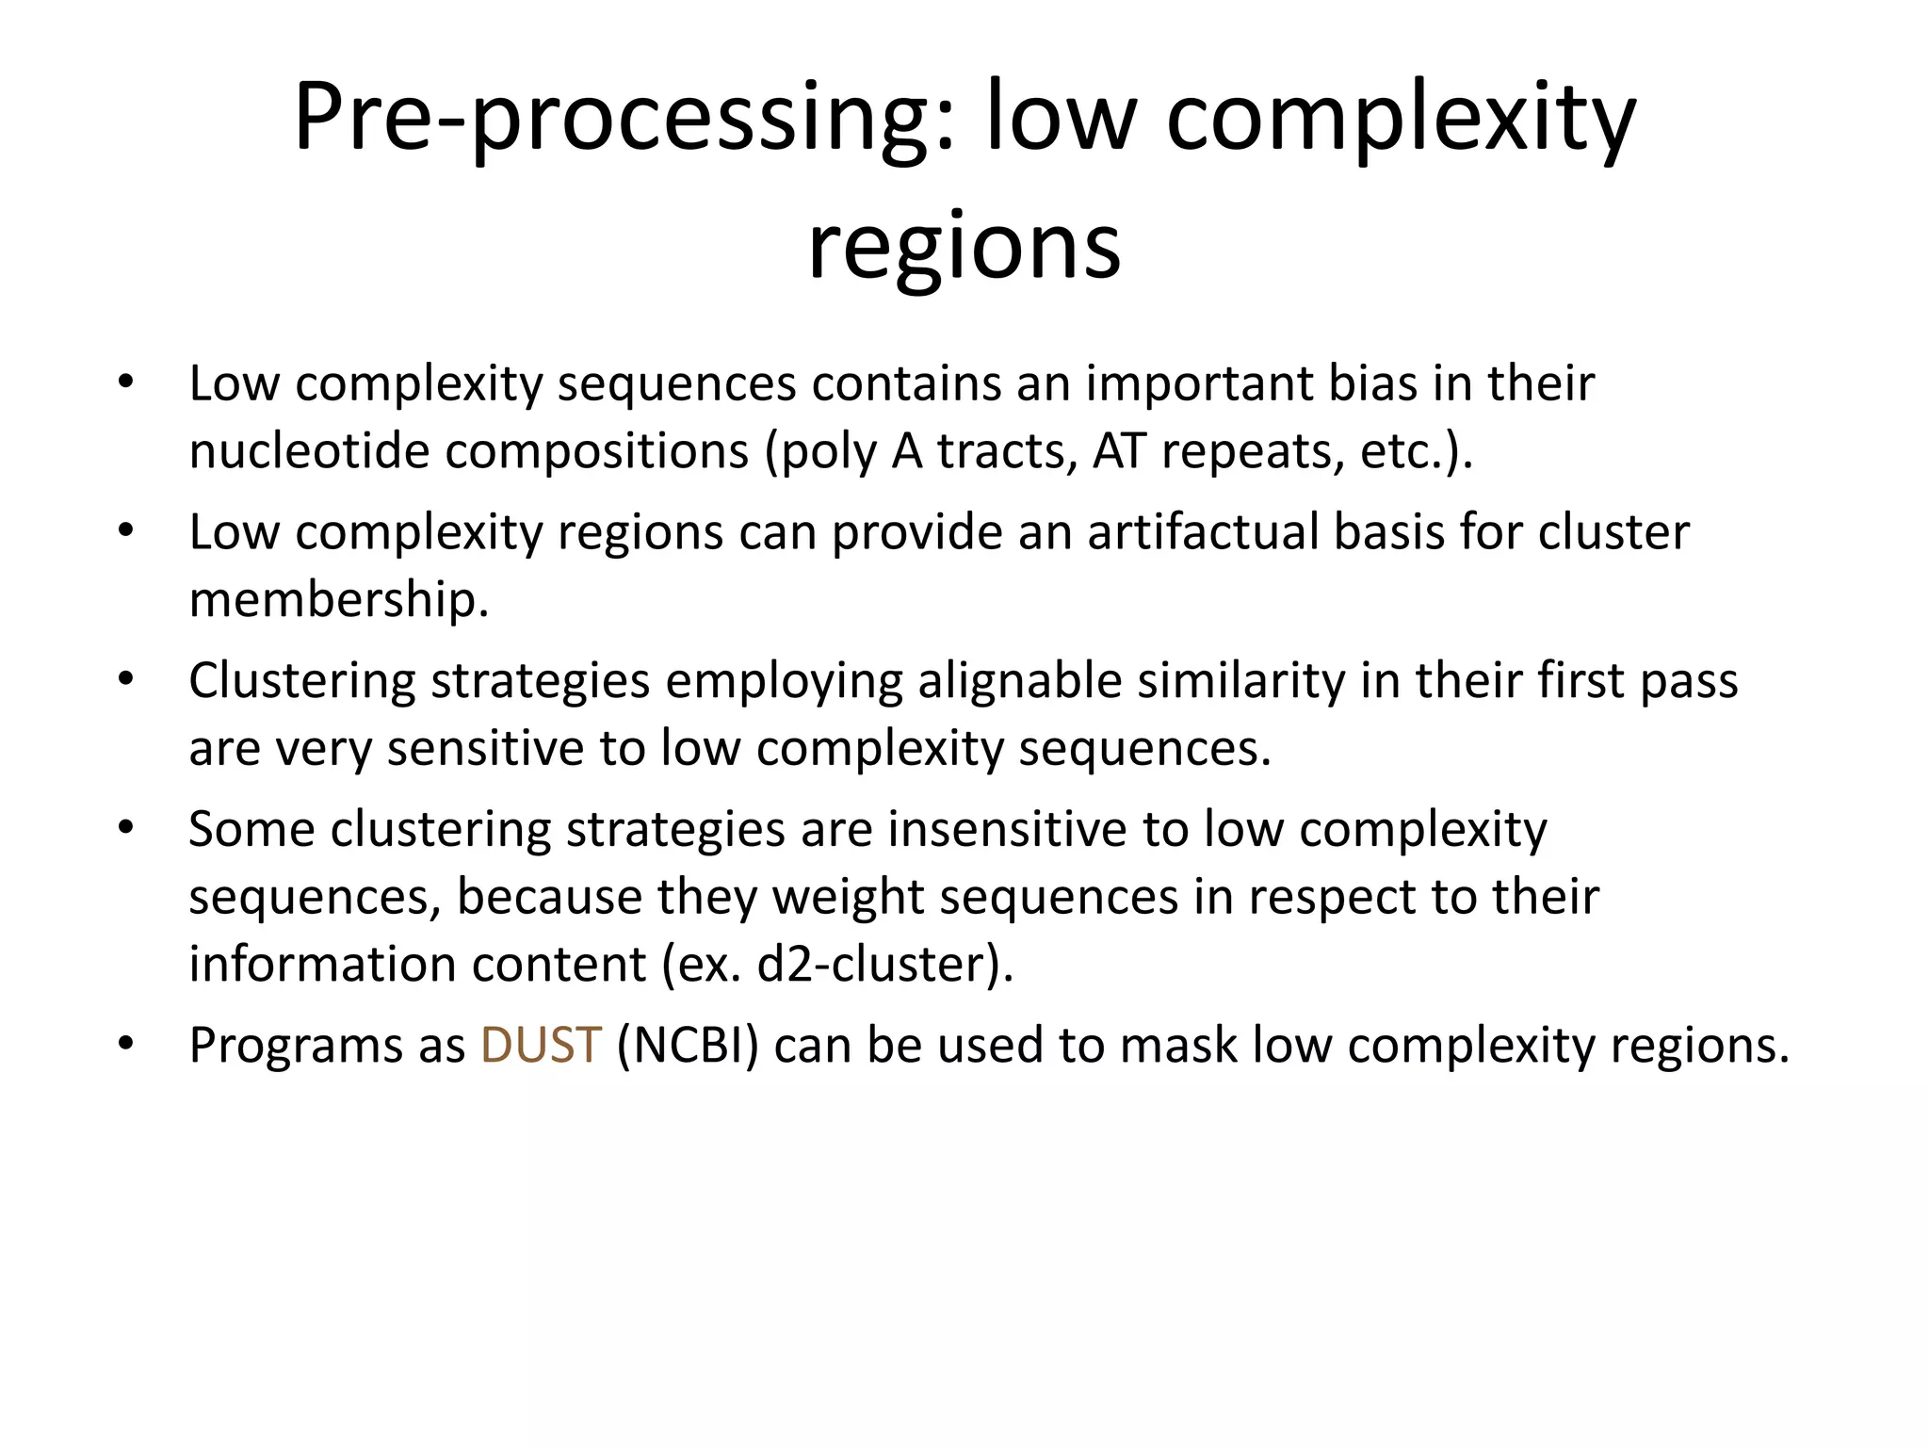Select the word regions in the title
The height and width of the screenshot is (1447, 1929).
(964, 247)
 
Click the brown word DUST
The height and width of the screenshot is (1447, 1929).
(540, 1045)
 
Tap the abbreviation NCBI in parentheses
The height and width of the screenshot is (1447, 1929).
(687, 1045)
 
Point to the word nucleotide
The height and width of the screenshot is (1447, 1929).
(309, 451)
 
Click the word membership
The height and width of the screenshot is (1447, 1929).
(337, 600)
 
